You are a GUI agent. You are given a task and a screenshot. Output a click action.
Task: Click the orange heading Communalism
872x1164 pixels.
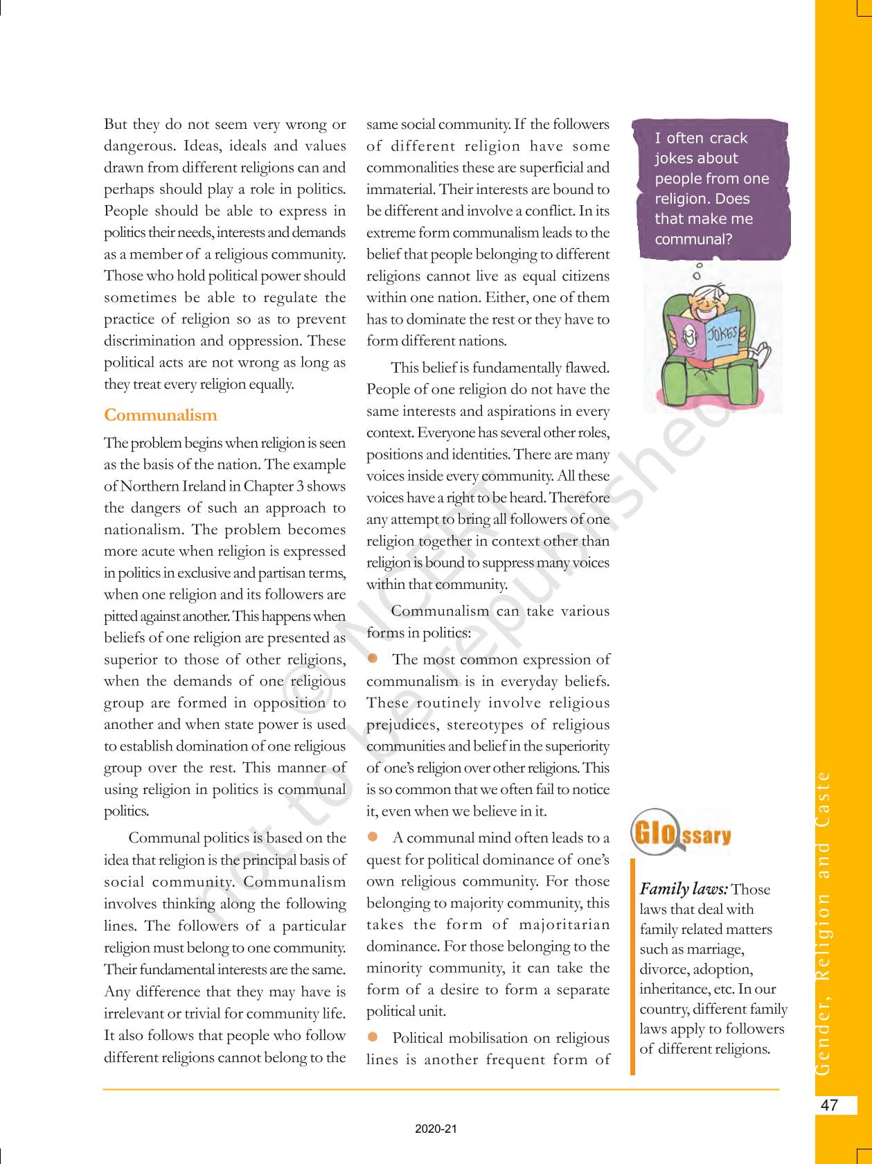tap(160, 416)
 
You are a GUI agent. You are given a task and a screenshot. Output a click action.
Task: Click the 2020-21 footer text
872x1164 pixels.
tap(436, 1129)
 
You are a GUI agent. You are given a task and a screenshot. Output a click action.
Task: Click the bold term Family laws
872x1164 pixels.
tap(683, 890)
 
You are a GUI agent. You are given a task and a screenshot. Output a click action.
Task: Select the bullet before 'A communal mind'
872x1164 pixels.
tap(373, 836)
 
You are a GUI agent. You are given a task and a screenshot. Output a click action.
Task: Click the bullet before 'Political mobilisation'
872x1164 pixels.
tap(373, 1037)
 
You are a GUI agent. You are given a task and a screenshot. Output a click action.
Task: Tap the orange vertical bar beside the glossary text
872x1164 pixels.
tap(632, 967)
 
